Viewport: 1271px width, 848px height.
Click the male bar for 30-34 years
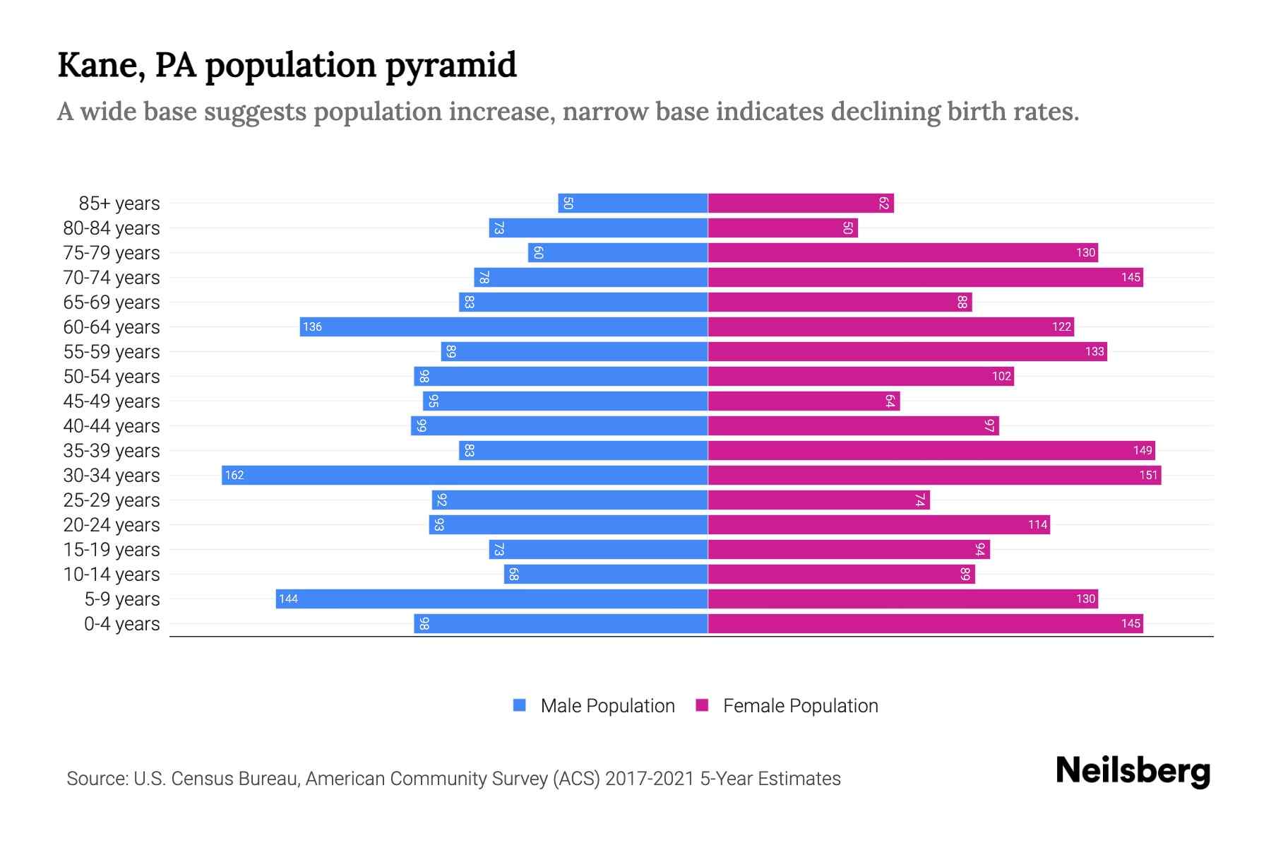[x=465, y=475]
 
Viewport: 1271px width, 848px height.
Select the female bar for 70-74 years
[x=925, y=277]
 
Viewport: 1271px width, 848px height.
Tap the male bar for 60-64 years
[x=503, y=326]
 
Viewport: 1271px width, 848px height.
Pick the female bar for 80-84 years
[x=782, y=228]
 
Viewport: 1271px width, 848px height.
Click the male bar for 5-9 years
[x=491, y=599]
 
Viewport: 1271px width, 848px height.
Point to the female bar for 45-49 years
[x=804, y=401]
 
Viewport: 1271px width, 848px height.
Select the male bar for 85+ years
[x=633, y=203]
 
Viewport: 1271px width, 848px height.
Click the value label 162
[x=234, y=475]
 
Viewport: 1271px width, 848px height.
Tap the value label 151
[x=1148, y=475]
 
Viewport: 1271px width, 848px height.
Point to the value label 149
[x=1142, y=450]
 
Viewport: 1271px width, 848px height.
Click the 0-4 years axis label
[x=121, y=624]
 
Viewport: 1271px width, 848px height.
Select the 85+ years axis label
[x=119, y=204]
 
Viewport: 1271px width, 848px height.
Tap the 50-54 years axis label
[x=112, y=377]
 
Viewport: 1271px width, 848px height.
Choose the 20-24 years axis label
[x=112, y=525]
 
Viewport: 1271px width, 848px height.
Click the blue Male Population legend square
[x=520, y=705]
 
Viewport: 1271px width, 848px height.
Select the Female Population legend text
[x=800, y=705]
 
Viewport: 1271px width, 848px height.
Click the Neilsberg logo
[x=1133, y=771]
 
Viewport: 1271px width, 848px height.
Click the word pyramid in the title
[x=450, y=66]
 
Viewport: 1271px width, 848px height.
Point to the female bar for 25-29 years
[x=819, y=500]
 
